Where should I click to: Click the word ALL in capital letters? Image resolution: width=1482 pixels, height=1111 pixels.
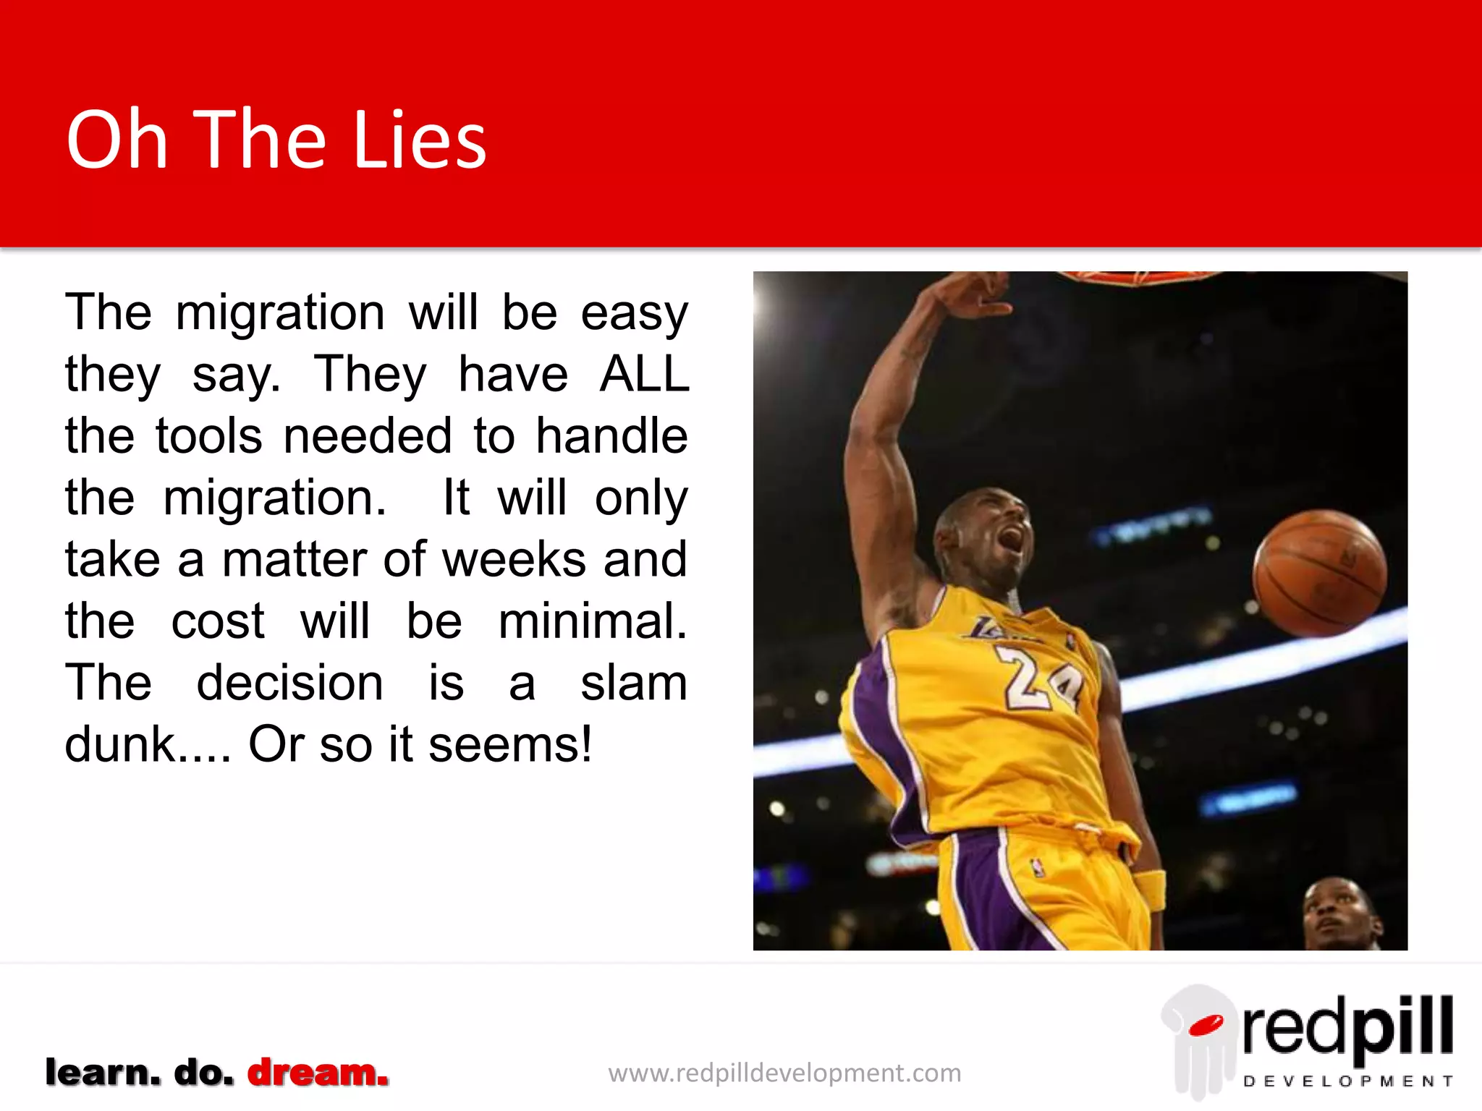click(x=644, y=375)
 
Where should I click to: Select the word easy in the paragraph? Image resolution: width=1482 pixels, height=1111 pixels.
click(x=634, y=314)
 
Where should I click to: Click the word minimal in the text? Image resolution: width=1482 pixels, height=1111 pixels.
click(x=592, y=621)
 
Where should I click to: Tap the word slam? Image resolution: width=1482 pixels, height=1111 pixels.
click(x=633, y=684)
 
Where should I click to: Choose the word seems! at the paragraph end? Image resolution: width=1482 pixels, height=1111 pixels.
click(x=510, y=745)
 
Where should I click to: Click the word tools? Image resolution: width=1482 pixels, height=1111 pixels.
click(x=208, y=437)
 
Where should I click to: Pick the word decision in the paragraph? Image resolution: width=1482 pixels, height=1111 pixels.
click(x=289, y=684)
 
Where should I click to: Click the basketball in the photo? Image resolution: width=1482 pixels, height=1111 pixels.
click(x=1320, y=573)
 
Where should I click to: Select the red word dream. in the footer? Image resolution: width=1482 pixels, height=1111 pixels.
click(x=318, y=1072)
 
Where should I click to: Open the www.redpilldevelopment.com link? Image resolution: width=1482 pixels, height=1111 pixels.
click(x=784, y=1073)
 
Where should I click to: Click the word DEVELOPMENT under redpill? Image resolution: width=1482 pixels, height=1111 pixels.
click(x=1347, y=1081)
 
